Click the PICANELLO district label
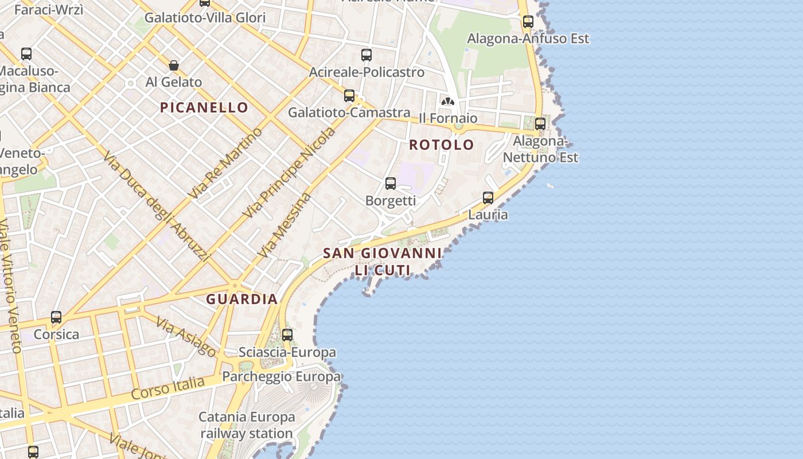[204, 107]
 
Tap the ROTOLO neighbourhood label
[442, 145]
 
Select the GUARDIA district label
[241, 299]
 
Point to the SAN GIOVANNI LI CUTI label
[382, 261]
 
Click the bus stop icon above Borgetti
[391, 184]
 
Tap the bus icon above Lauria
[488, 198]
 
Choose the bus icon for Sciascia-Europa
[287, 335]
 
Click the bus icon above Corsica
[56, 317]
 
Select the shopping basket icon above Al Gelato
[174, 66]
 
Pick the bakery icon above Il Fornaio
[447, 102]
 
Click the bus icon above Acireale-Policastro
[367, 55]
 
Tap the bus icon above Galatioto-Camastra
[349, 96]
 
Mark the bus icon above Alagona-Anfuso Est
[528, 22]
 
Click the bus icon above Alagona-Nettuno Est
[540, 124]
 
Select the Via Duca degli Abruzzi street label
[156, 205]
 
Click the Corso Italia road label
[167, 388]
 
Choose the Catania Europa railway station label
[247, 425]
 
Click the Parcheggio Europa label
[281, 377]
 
